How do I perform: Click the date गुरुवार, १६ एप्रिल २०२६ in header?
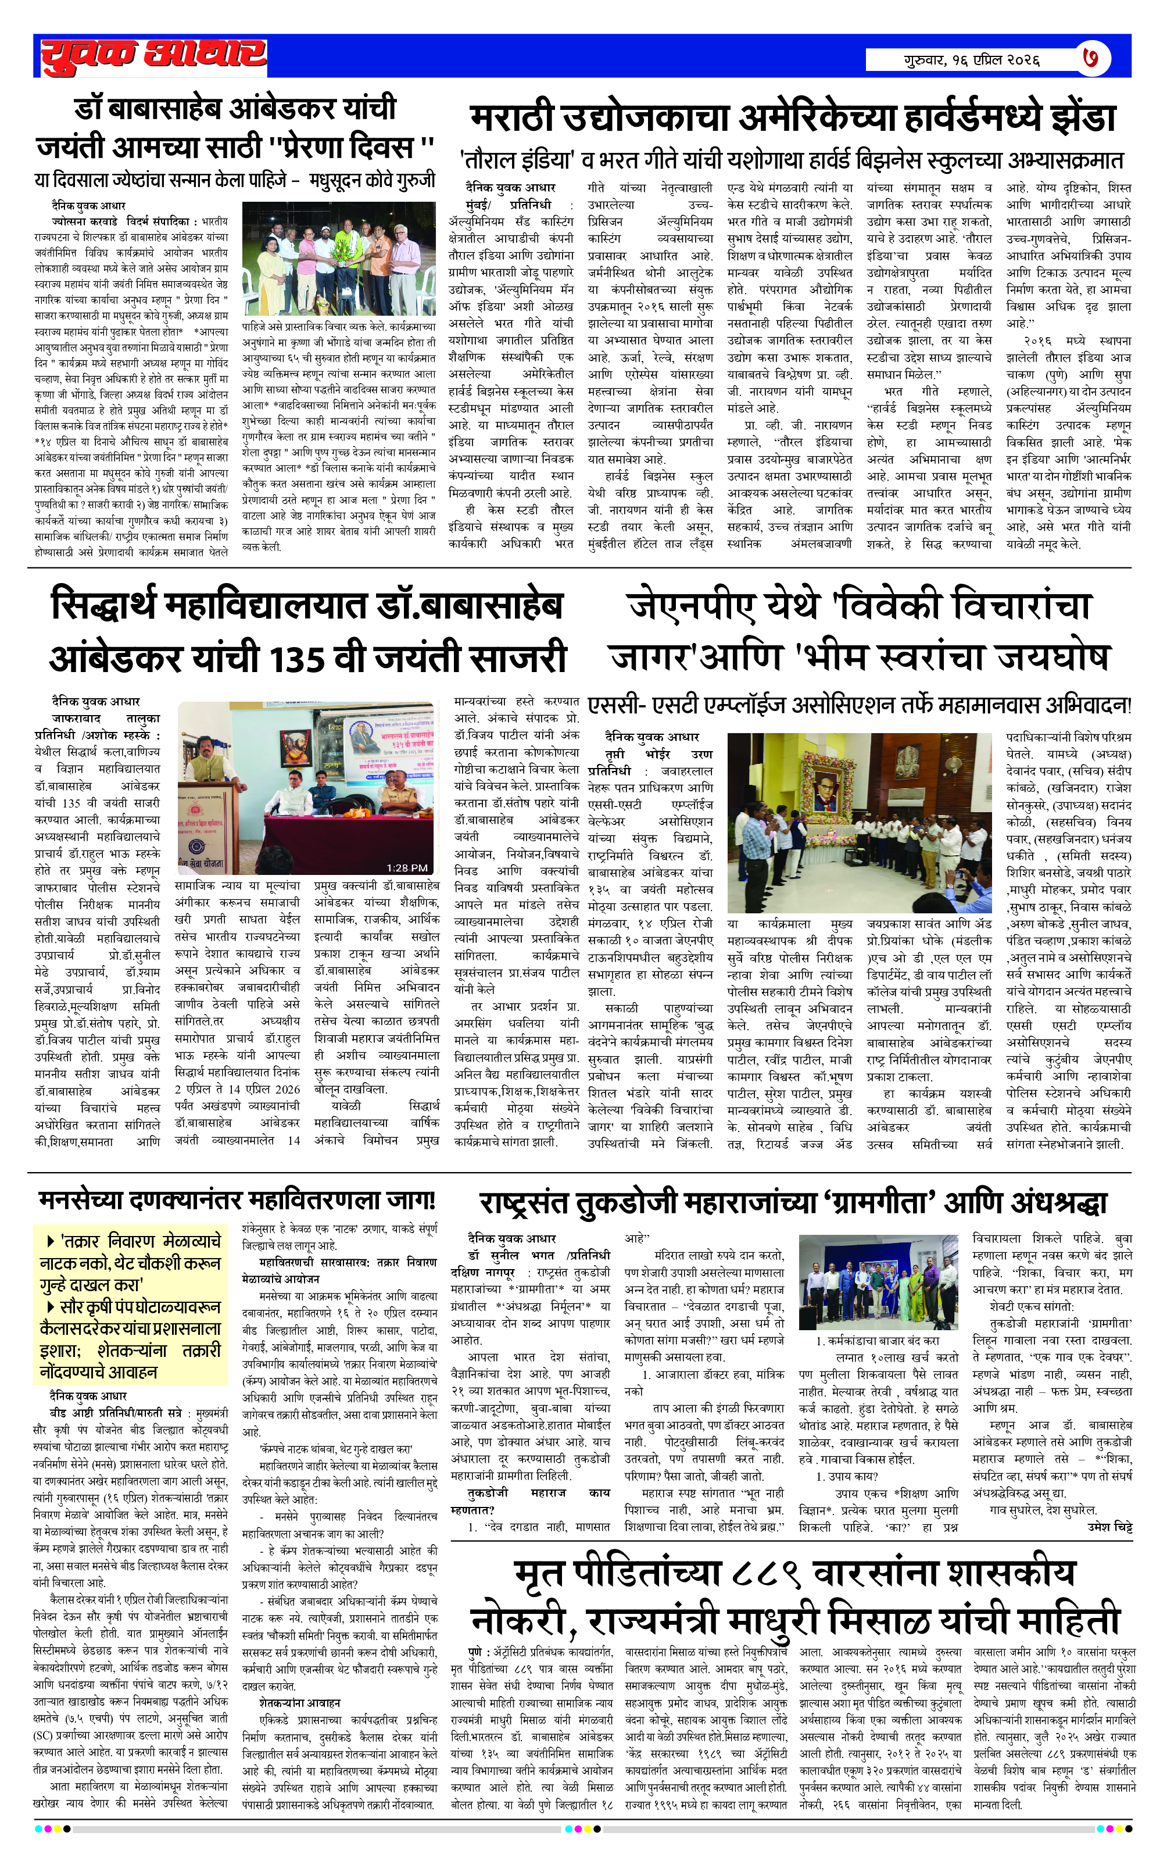coord(972,59)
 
